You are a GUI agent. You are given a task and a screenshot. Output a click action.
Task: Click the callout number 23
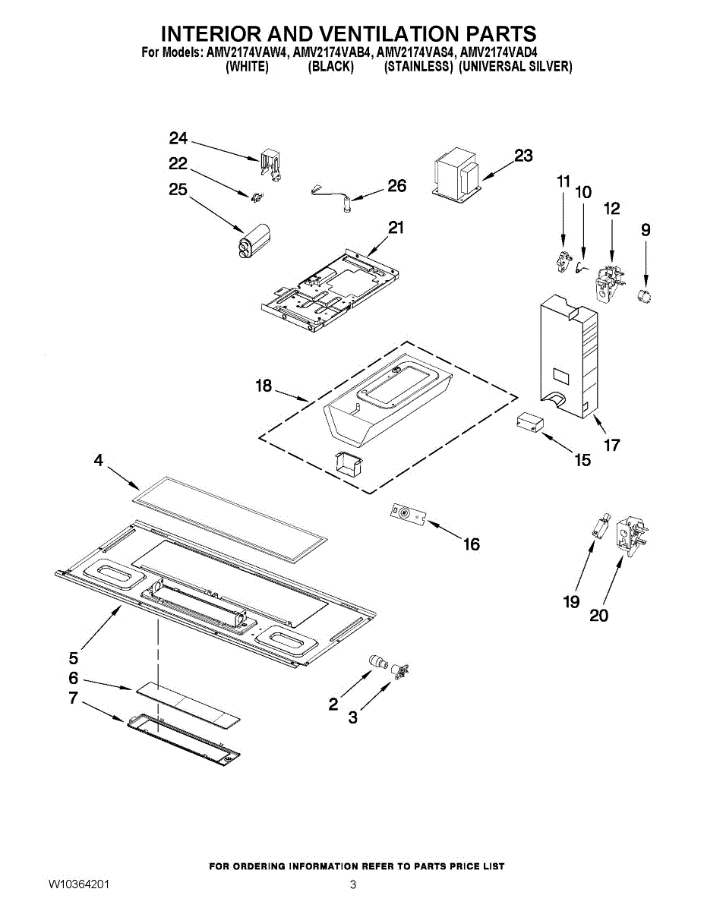pyautogui.click(x=523, y=156)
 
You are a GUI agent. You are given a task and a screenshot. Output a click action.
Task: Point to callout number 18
pyautogui.click(x=264, y=386)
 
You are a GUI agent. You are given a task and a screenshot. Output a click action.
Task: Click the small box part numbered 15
pyautogui.click(x=528, y=423)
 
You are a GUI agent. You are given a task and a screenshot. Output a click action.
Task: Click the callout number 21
pyautogui.click(x=396, y=228)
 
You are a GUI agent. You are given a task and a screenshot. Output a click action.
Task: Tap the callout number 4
pyautogui.click(x=99, y=461)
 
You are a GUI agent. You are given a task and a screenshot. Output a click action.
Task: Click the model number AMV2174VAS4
pyautogui.click(x=415, y=54)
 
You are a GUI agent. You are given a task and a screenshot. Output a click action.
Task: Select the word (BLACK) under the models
pyautogui.click(x=330, y=67)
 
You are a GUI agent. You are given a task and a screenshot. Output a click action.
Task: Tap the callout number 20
pyautogui.click(x=598, y=616)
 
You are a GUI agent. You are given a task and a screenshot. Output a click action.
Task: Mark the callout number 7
pyautogui.click(x=73, y=698)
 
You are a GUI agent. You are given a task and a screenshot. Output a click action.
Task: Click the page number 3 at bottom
pyautogui.click(x=352, y=885)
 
